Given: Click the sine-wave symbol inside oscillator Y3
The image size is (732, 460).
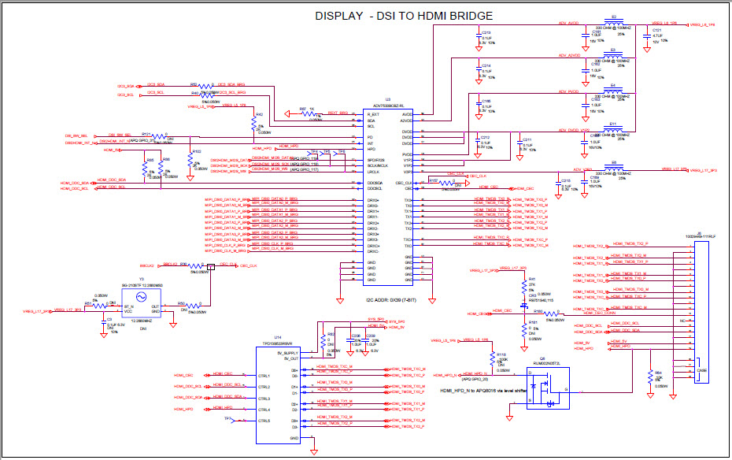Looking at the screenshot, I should point(142,297).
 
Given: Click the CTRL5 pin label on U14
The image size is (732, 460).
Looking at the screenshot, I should point(264,421).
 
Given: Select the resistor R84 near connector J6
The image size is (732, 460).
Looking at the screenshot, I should point(650,377).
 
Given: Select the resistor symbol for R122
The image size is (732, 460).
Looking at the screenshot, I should point(191,158).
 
